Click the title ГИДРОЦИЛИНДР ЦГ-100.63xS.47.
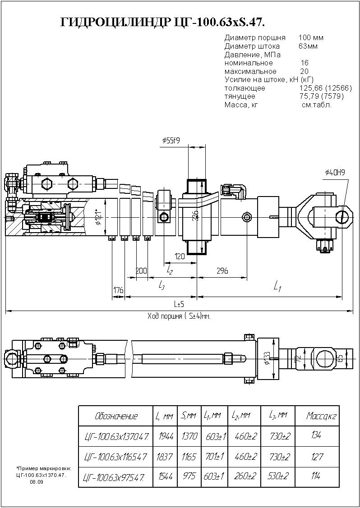coord(166,23)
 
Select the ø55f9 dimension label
coord(171,141)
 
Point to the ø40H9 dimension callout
coord(335,173)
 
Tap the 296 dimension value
coord(222,271)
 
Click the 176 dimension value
coord(118,291)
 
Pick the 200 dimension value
coord(142,271)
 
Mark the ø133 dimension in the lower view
coord(267,358)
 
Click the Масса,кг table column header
coord(321,415)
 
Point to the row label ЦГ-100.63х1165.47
coord(115,457)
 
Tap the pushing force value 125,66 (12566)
coord(322,88)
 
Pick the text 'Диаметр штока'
coord(252,46)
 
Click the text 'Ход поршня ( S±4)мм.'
coord(180,316)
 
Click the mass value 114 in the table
coord(318,476)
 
